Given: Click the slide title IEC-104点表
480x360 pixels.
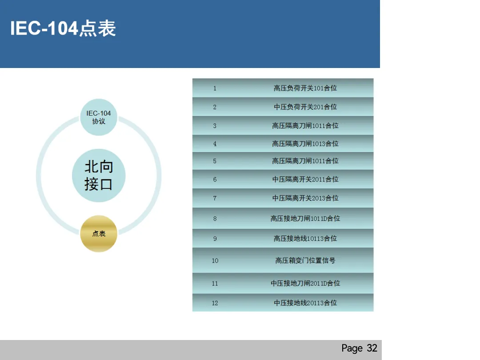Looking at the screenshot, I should coord(63,29).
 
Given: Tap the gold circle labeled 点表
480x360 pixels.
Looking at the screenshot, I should coord(99,234).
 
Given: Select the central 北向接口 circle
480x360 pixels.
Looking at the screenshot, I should coord(99,176).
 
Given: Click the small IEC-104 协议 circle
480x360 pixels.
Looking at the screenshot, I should coord(99,117).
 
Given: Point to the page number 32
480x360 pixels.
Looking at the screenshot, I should coord(372,348).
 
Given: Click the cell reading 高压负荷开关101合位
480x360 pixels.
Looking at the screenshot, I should coord(305,88).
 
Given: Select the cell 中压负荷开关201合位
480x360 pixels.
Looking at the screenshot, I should coord(305,107).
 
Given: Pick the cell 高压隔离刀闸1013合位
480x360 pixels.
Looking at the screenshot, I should coord(305,144).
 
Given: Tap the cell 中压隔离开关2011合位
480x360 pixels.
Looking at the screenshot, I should coord(305,179).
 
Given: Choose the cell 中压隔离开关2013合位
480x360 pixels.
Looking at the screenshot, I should coord(305,198).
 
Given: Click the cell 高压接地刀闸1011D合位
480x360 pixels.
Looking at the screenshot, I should coord(305,218).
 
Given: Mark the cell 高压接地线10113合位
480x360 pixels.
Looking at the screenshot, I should coord(305,238).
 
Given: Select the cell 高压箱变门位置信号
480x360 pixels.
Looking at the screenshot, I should coord(305,260).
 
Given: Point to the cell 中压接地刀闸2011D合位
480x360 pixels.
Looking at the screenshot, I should coord(305,283).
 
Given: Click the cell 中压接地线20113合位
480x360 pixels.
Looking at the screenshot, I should coord(305,303).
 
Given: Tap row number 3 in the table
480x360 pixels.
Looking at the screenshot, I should coord(215,126).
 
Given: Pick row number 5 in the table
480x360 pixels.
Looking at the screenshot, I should coord(215,161).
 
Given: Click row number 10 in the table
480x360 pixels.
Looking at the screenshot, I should coord(215,260).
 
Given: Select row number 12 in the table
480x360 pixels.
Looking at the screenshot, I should coord(215,303).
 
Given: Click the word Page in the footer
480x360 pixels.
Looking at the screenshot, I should coord(352,348).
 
